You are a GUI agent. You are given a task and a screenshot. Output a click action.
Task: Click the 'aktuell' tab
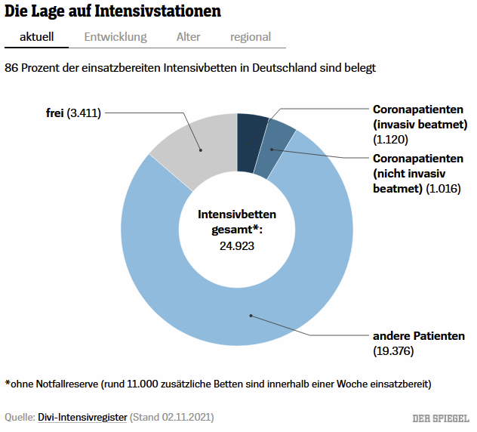[x=35, y=36]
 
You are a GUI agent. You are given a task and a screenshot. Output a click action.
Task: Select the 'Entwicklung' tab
[x=115, y=36]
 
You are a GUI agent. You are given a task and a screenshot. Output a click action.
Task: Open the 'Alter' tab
[x=188, y=36]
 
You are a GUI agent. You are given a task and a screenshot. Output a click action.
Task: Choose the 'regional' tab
[x=251, y=36]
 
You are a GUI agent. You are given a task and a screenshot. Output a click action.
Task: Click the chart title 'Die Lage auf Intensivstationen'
[x=113, y=11]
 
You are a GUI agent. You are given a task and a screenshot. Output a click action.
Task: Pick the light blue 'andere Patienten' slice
[x=226, y=302]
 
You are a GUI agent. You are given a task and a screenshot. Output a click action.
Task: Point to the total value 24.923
[x=237, y=245]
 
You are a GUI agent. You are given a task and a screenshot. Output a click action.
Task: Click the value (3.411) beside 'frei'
[x=84, y=113]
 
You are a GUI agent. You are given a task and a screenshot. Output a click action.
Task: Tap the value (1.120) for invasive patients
[x=390, y=139]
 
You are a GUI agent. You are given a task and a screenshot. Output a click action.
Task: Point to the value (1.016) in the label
[x=443, y=188]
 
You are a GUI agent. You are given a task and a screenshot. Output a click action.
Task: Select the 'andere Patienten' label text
[x=419, y=335]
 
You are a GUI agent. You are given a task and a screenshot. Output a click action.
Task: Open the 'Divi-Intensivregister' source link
[x=82, y=416]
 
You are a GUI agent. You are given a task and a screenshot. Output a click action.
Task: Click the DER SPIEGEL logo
[x=441, y=418]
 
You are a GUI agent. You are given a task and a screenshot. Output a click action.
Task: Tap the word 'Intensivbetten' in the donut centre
[x=237, y=214]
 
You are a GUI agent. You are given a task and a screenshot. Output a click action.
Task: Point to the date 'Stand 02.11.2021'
[x=172, y=416]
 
